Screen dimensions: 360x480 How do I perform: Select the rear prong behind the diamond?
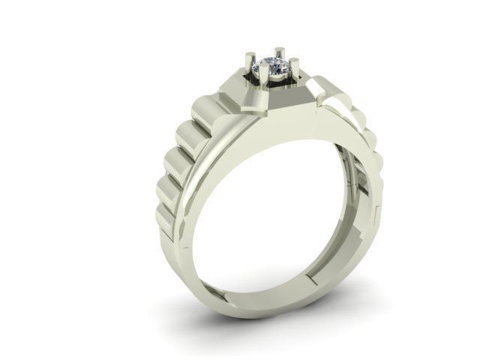tap(279, 55)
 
